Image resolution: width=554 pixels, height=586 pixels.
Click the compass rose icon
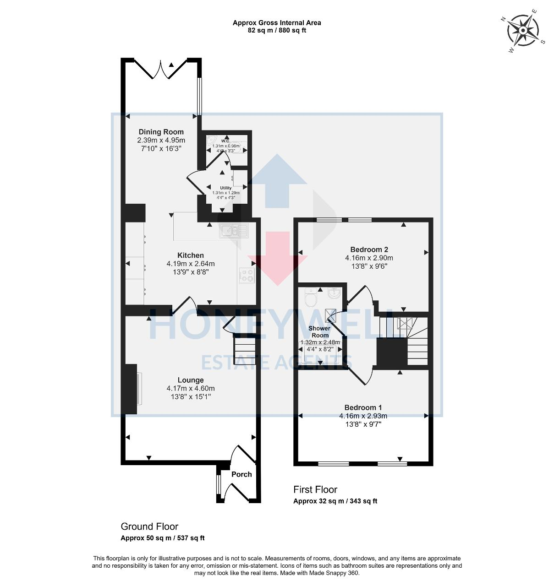tap(523, 30)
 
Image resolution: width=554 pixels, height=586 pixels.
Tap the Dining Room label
tap(161, 132)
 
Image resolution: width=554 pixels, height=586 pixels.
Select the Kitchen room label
tap(191, 255)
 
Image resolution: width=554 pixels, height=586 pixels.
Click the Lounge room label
tap(191, 380)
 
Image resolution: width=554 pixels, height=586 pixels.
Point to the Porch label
tap(241, 474)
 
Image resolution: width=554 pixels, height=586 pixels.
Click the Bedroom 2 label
tap(369, 250)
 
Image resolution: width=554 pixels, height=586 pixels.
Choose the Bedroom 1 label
tap(363, 407)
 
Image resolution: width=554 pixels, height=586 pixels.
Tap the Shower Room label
tap(319, 331)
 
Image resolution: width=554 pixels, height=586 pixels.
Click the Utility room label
tap(226, 188)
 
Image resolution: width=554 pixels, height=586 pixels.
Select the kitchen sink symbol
tap(234, 231)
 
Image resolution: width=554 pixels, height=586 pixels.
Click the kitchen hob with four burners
tap(247, 275)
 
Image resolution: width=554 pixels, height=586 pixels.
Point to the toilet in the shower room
tap(311, 298)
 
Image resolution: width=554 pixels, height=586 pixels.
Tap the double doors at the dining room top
tap(161, 69)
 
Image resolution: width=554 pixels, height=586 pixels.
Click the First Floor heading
tap(315, 489)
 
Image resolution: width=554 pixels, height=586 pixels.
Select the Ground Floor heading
tap(149, 526)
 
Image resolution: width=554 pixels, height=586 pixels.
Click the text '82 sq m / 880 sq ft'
tap(277, 31)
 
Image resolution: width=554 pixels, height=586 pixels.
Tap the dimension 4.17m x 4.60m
tap(191, 389)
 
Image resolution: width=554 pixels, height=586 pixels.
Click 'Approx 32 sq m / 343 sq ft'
tap(335, 501)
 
